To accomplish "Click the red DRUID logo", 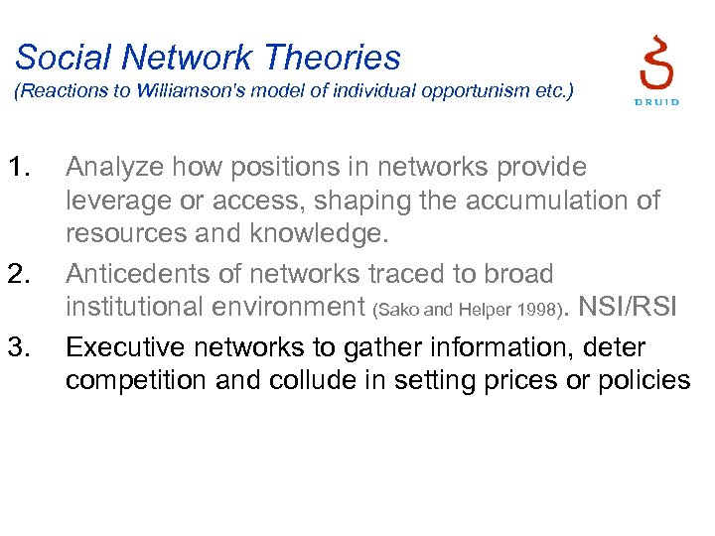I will pyautogui.click(x=655, y=69).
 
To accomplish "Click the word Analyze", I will pyautogui.click(x=121, y=168).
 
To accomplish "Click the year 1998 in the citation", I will pyautogui.click(x=527, y=311).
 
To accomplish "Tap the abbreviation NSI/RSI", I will pyautogui.click(x=627, y=307).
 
